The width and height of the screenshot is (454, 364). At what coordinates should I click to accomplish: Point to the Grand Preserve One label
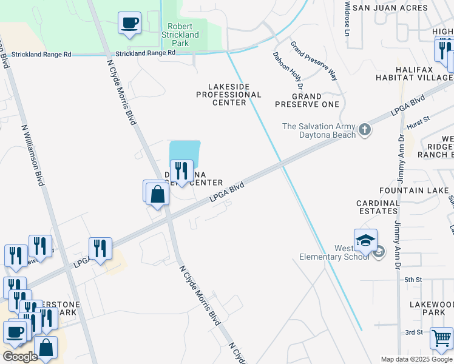(307, 100)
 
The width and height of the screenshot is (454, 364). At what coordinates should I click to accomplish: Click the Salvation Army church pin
(364, 129)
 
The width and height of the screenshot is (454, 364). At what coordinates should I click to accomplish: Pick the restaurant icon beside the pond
(181, 172)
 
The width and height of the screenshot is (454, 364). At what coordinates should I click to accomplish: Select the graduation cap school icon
(366, 241)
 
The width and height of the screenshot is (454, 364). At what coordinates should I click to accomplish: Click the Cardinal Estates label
(378, 207)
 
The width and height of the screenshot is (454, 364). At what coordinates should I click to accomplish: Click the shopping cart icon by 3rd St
(441, 338)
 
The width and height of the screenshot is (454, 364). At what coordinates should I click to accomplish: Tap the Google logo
(19, 357)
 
